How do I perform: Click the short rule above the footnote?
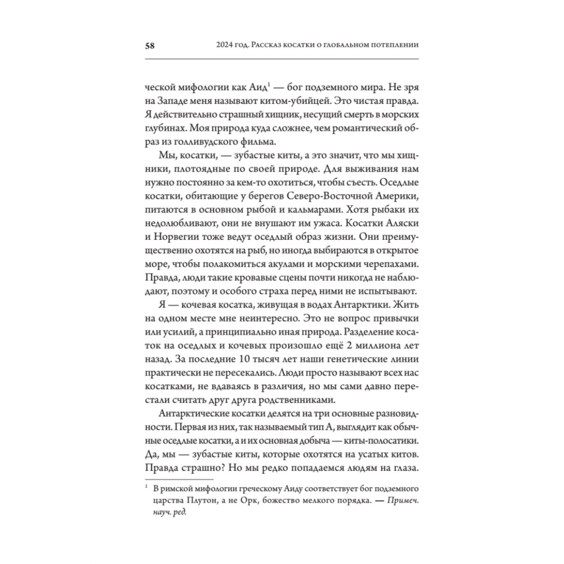(x=169, y=479)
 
